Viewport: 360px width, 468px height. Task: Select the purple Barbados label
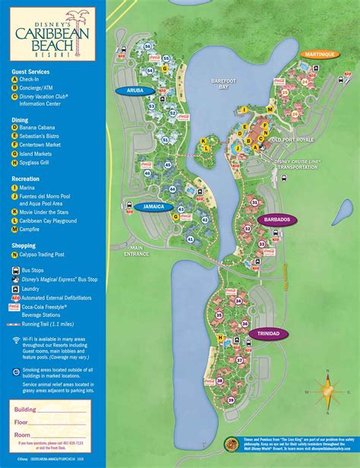coord(277,219)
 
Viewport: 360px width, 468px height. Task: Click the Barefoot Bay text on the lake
coord(225,84)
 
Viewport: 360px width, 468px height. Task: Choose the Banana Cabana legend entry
coord(39,128)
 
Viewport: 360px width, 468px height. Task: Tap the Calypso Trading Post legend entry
coord(44,255)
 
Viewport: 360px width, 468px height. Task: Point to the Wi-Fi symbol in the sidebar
coord(16,340)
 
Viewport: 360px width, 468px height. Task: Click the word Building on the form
coord(24,408)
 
